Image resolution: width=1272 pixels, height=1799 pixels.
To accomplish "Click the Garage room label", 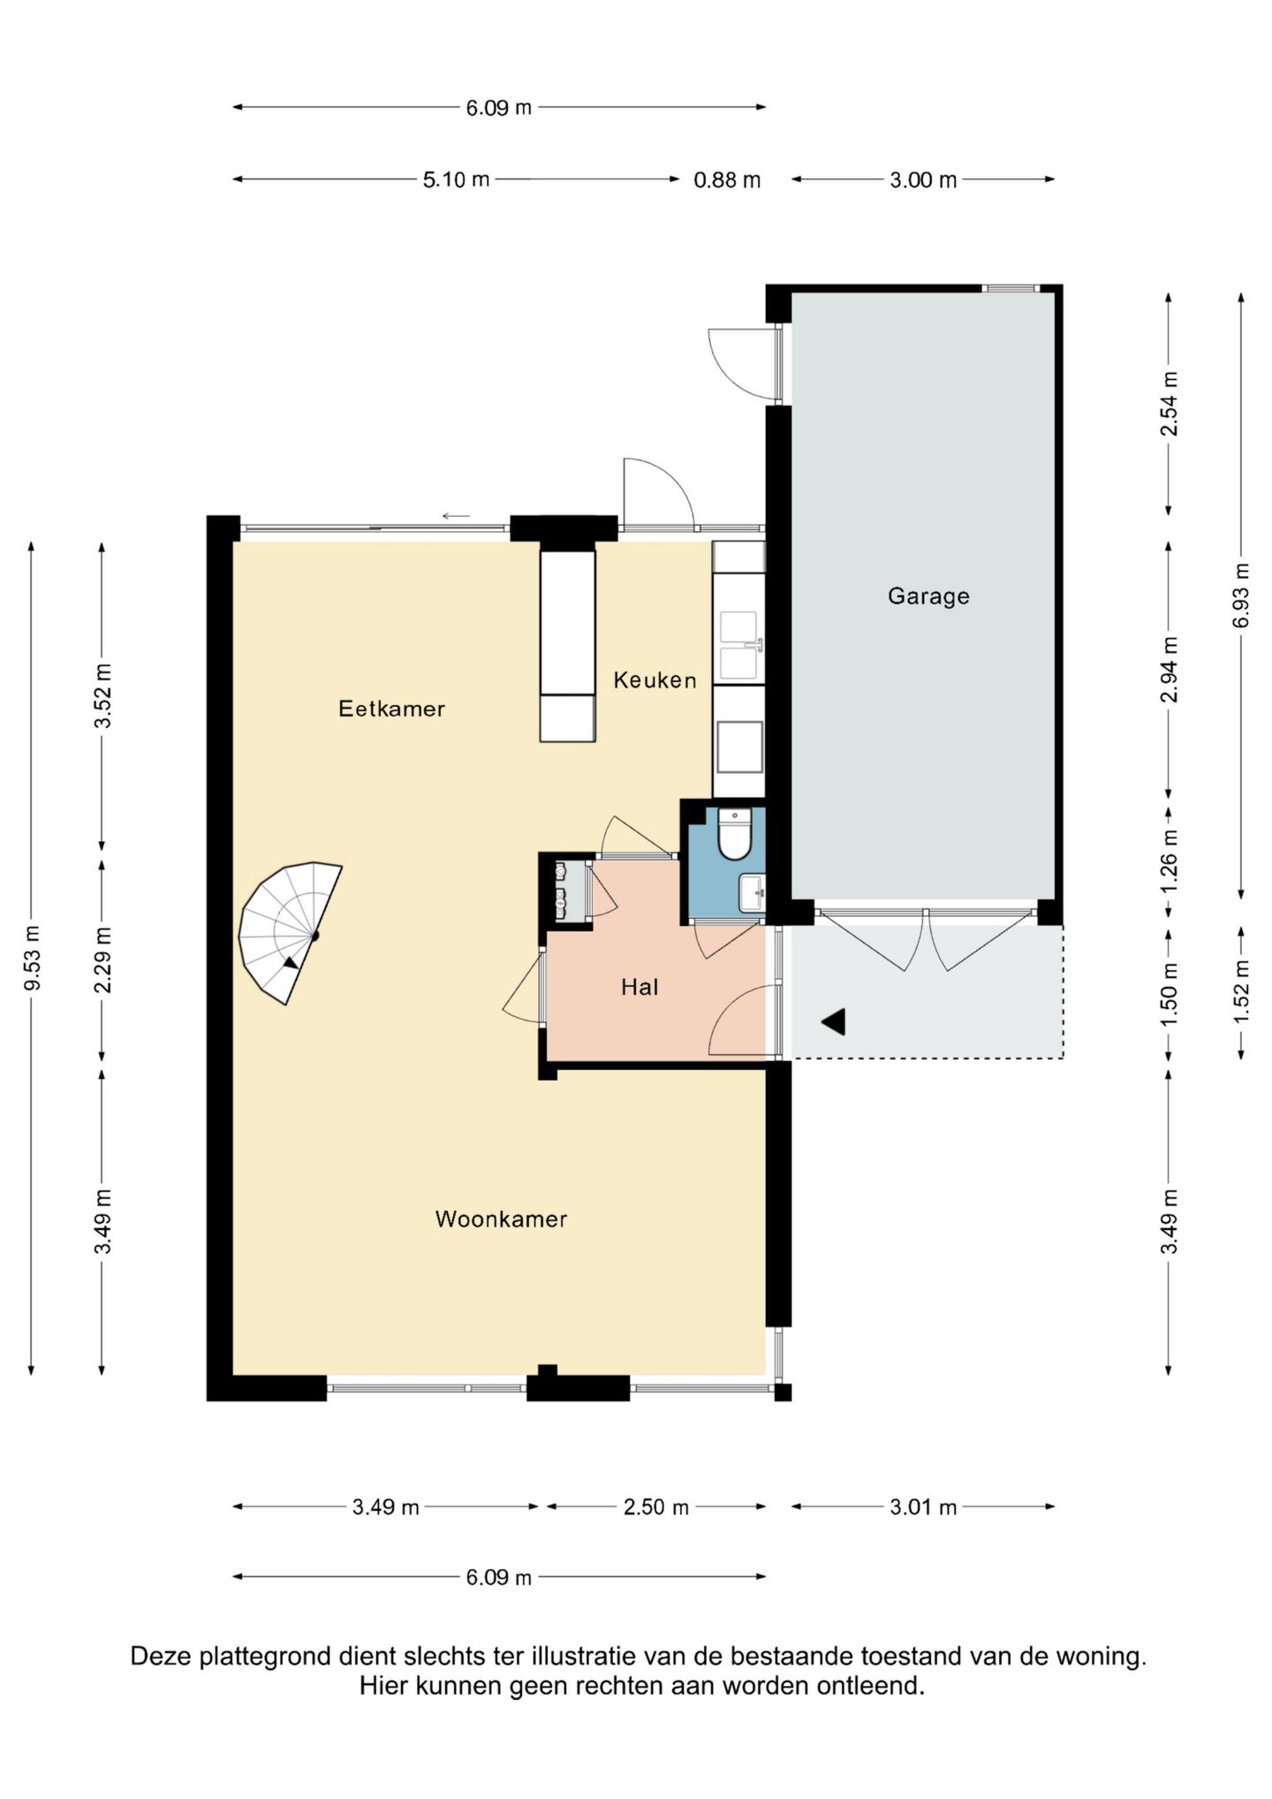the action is (x=928, y=596).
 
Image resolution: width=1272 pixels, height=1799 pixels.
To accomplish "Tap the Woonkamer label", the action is (x=501, y=1219).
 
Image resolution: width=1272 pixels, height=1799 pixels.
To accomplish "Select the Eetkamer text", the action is (x=391, y=709).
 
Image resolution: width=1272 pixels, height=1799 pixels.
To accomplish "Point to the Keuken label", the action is (x=655, y=680).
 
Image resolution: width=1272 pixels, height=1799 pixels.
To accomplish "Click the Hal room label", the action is (x=640, y=987).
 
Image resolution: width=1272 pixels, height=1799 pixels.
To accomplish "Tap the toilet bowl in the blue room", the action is (x=734, y=833).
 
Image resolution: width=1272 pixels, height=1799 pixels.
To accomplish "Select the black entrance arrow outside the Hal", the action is (x=834, y=1021).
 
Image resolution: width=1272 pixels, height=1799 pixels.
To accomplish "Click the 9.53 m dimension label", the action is (x=32, y=959).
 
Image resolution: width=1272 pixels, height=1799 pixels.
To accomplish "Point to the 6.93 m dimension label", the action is (x=1241, y=596).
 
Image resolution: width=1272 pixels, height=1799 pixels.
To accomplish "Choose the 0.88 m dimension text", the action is (x=727, y=180).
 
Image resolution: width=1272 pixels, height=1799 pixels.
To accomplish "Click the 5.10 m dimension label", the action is (x=456, y=180).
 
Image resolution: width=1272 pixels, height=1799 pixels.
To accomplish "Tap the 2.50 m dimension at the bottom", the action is (x=656, y=1507).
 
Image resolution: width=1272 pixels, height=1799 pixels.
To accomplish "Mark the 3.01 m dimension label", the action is (x=923, y=1507).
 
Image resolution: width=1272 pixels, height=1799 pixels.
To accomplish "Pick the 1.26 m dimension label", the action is (x=1170, y=861).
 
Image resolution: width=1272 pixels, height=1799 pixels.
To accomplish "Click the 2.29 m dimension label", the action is (x=103, y=960).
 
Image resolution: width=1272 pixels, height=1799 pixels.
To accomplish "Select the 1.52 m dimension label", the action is (x=1241, y=992).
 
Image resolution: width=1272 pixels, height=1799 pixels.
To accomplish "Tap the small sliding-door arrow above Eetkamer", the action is (x=456, y=516).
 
